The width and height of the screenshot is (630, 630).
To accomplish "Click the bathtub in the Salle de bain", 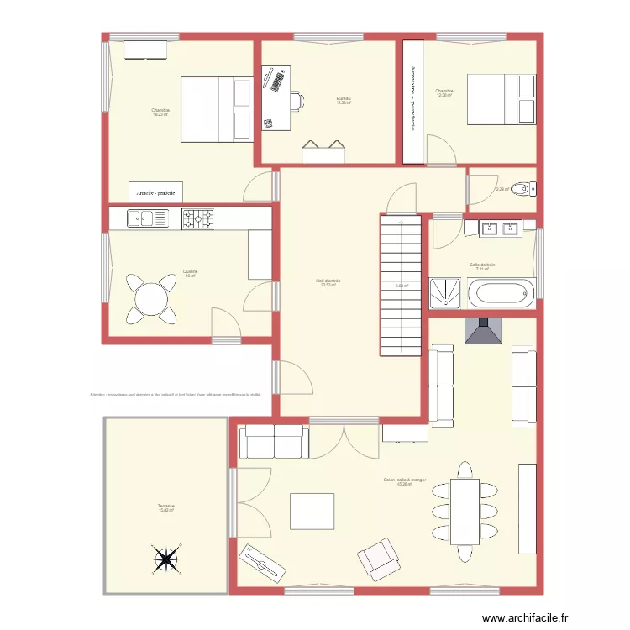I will click(501, 294).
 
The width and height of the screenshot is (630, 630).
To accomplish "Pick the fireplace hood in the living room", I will click(483, 333).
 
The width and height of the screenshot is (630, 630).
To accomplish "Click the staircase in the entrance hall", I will click(401, 284).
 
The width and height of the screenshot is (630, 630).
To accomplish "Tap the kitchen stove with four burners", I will click(199, 219).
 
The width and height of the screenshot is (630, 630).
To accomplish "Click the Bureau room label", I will click(343, 101).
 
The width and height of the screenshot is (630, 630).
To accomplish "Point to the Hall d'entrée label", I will click(328, 282).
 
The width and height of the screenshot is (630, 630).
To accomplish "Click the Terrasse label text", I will click(165, 507).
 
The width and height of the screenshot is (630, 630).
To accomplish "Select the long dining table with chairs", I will click(465, 511).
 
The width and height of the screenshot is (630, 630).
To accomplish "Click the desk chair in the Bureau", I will click(297, 102).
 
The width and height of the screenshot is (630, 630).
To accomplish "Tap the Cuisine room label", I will click(190, 273).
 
